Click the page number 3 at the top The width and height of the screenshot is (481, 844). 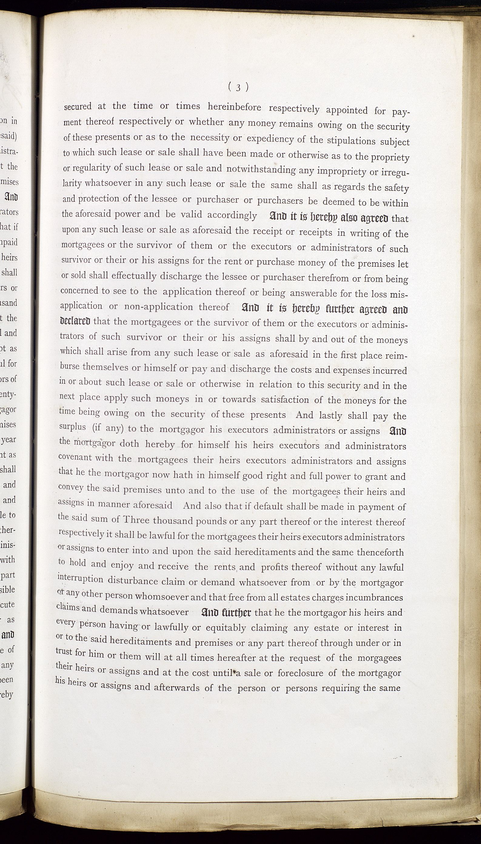[x=238, y=87]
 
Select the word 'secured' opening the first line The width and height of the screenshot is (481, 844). [x=78, y=107]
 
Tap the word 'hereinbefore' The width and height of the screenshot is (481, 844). [x=234, y=107]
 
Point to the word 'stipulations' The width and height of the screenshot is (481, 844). [x=351, y=141]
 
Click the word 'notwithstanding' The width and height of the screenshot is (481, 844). [x=261, y=169]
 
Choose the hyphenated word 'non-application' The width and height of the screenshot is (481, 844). [x=159, y=306]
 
